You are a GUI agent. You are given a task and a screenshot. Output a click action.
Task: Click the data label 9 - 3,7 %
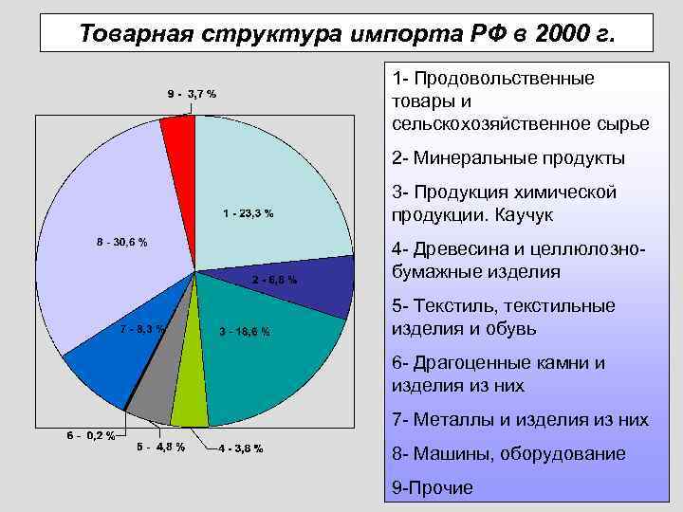tap(192, 94)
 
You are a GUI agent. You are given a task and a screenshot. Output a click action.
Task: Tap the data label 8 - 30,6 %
tap(121, 242)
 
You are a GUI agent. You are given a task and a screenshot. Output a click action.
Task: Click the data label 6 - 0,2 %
tap(90, 436)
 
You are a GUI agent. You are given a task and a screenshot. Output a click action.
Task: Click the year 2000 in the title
tap(563, 34)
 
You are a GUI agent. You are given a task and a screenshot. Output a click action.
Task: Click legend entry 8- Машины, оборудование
tap(508, 454)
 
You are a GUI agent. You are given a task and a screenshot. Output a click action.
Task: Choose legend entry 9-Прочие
tap(432, 487)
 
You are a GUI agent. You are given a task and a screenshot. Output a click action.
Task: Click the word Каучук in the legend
tap(520, 215)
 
